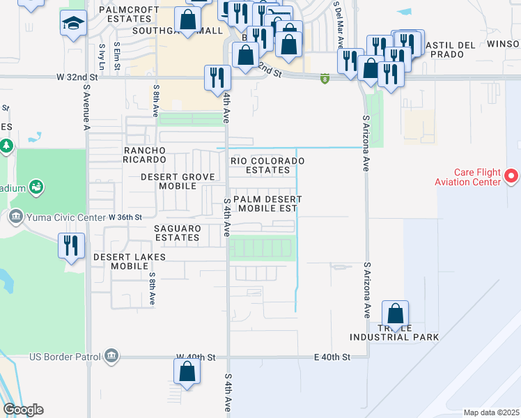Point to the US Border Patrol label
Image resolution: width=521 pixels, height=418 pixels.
point(65,357)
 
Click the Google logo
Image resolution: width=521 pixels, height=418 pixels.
point(23,410)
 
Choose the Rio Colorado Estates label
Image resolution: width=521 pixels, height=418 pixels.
point(268,165)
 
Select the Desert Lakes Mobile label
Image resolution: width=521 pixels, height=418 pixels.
point(130,262)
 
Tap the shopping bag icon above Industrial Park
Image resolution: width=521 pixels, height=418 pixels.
point(395,313)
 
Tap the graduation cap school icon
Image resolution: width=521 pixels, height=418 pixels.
point(74,24)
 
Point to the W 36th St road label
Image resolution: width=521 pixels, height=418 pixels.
point(125,217)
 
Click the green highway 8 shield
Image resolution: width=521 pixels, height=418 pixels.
point(325,79)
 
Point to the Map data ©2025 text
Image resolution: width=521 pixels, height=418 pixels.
point(490,412)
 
